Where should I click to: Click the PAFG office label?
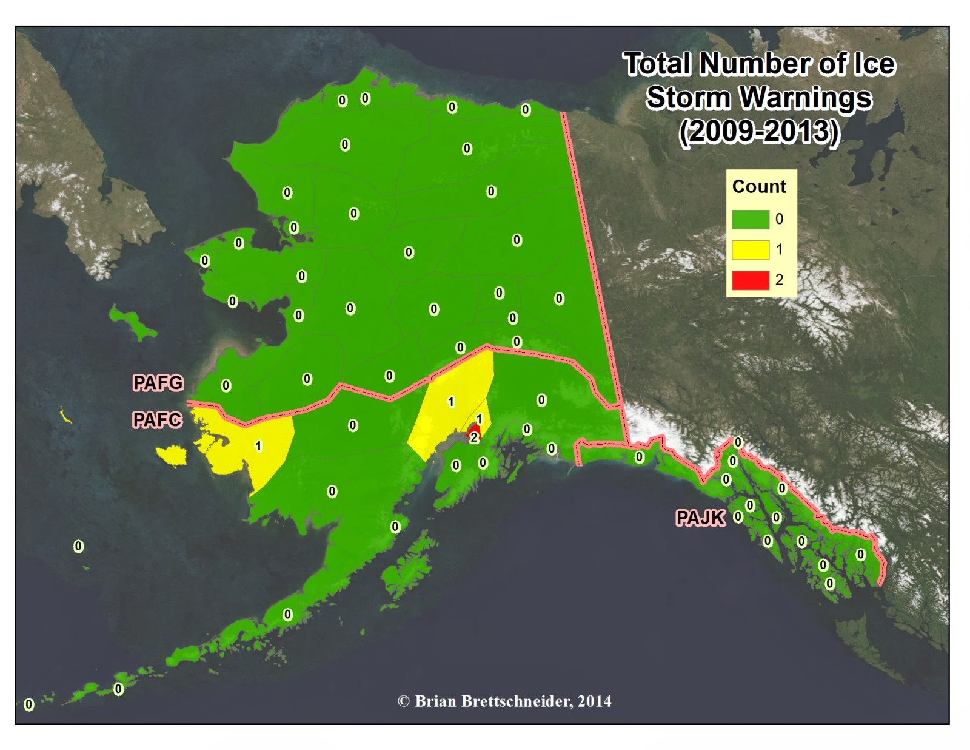158,383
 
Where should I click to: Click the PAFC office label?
157,419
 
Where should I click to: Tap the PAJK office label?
700,518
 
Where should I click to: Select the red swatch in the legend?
750,280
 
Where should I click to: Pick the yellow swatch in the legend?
750,249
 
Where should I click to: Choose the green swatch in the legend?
750,219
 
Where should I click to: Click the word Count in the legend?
758,186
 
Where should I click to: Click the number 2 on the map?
473,437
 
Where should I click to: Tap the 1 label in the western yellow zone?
258,446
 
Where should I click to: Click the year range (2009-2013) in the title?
759,132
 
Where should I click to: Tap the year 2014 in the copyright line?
594,701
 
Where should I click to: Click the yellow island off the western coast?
172,455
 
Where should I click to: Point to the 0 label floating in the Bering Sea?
78,546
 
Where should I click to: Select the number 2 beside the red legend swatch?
779,280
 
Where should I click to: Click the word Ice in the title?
874,64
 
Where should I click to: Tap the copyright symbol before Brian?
403,701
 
